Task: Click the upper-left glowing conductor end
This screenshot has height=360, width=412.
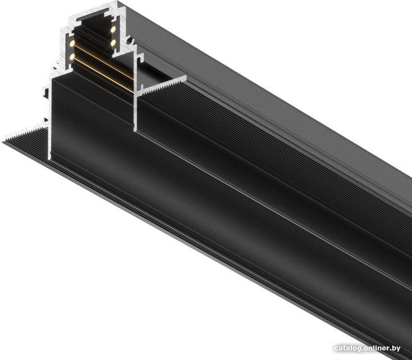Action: [x=72, y=43]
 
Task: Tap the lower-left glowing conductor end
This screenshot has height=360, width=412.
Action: [x=72, y=57]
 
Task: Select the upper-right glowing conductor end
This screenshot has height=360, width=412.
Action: [x=113, y=29]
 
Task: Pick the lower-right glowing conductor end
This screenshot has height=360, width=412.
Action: [x=113, y=42]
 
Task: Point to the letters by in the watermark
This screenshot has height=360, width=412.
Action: [x=397, y=349]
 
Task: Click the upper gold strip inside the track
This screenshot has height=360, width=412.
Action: [x=103, y=61]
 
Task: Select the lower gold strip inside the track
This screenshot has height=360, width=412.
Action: [x=103, y=75]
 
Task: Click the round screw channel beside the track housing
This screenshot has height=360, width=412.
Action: [x=129, y=41]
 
